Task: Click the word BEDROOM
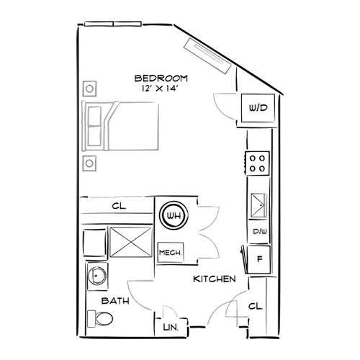pyautogui.click(x=161, y=78)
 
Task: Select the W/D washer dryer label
pyautogui.click(x=257, y=108)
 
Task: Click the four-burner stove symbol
pyautogui.click(x=258, y=163)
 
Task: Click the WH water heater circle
pyautogui.click(x=173, y=215)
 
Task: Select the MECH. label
pyautogui.click(x=169, y=252)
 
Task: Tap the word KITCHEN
pyautogui.click(x=214, y=279)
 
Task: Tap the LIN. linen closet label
pyautogui.click(x=171, y=328)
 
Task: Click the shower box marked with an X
pyautogui.click(x=131, y=240)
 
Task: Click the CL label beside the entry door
pyautogui.click(x=256, y=306)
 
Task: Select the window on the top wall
pyautogui.click(x=113, y=24)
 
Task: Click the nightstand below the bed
pyautogui.click(x=90, y=161)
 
